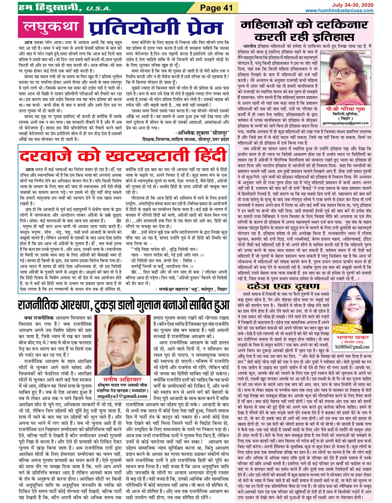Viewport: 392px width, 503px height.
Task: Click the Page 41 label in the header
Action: pos(216,8)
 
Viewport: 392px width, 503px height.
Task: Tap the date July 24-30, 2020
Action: pos(353,5)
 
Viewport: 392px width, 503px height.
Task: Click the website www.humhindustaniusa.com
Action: pos(339,11)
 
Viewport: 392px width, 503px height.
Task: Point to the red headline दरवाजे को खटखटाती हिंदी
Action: pos(123,155)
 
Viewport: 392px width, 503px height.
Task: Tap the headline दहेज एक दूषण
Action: pos(283,286)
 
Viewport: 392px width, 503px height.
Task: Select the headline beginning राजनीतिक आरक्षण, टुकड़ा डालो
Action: pos(124,305)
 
